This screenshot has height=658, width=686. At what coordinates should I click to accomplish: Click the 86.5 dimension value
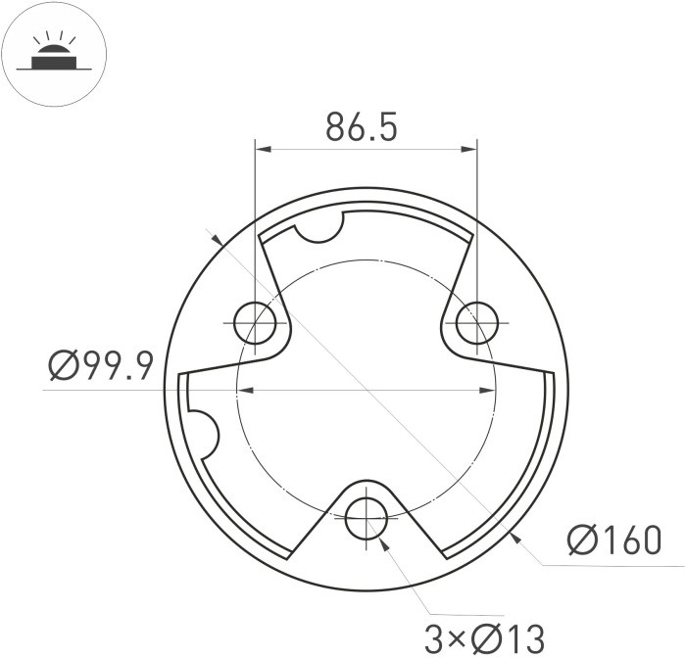362,128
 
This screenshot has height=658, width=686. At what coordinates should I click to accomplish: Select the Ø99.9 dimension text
101,367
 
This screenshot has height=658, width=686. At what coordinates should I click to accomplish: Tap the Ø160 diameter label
614,540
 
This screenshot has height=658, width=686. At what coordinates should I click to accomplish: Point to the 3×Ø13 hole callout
484,638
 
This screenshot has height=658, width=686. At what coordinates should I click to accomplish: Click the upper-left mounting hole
255,322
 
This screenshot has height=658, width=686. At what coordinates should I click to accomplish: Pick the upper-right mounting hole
477,322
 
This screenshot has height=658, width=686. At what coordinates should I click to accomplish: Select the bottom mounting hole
367,515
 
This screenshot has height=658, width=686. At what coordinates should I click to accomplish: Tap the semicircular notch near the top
318,227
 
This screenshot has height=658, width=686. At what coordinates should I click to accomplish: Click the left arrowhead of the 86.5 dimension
262,150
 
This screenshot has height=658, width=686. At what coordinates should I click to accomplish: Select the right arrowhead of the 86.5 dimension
471,150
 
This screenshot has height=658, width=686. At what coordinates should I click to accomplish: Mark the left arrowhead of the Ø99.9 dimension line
245,391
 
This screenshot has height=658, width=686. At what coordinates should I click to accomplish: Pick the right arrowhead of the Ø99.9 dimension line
489,391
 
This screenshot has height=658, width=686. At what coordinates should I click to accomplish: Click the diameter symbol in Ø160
584,540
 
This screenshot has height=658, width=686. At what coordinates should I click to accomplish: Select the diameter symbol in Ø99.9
65,367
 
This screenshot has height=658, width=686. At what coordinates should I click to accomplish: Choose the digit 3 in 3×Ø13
435,638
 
